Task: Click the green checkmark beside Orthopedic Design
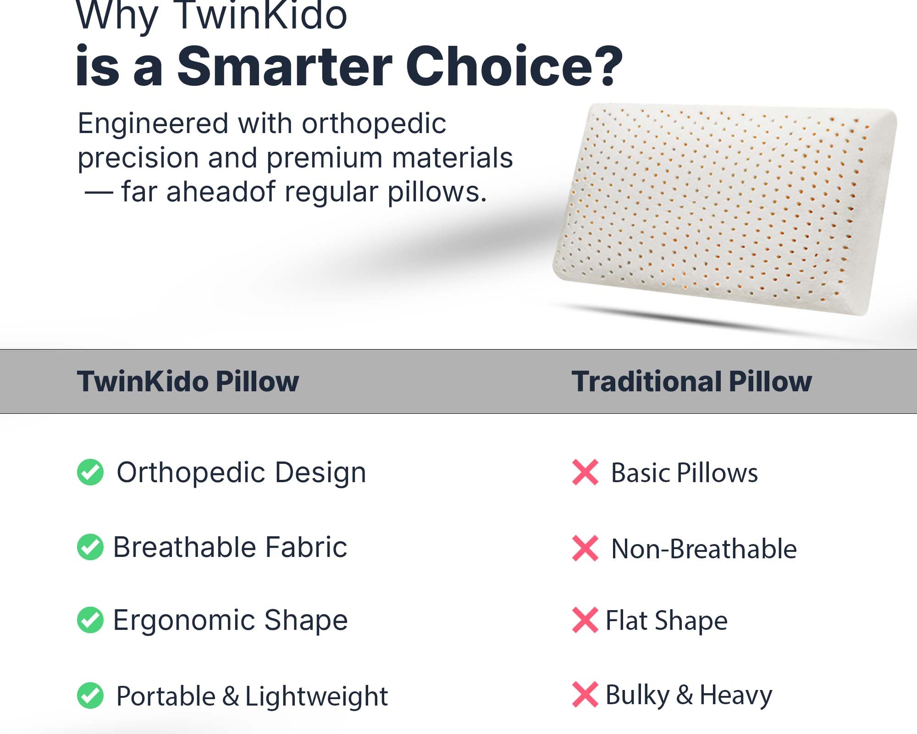[x=90, y=472]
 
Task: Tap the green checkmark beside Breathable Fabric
[x=90, y=547]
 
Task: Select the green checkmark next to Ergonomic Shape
[x=90, y=620]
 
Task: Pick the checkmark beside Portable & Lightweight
[x=90, y=695]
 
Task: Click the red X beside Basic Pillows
[x=586, y=472]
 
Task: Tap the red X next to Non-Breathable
[x=586, y=548]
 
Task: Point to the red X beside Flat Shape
[x=586, y=620]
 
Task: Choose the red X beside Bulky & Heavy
[x=586, y=694]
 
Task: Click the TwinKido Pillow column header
[x=188, y=382]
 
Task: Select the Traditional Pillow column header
[x=692, y=381]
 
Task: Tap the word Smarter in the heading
[x=285, y=67]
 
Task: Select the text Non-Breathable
[x=704, y=549]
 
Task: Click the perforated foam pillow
[x=724, y=209]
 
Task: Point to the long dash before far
[x=99, y=193]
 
